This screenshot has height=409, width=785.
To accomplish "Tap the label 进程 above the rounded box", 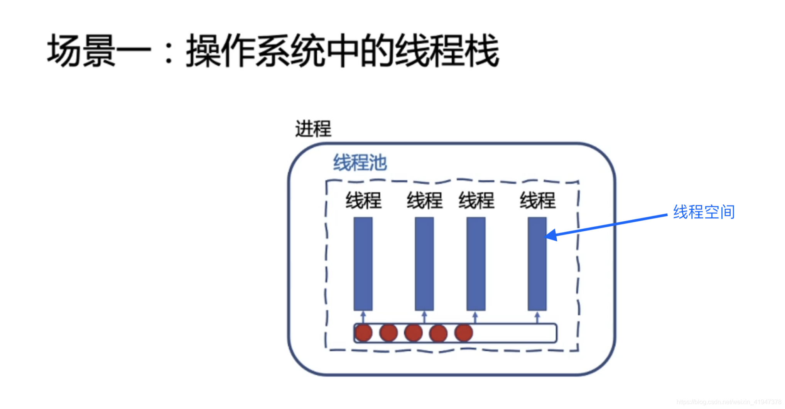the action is coord(313,129).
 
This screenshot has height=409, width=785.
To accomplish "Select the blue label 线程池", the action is coord(360,163).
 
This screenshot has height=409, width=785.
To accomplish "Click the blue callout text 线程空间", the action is coord(704,212).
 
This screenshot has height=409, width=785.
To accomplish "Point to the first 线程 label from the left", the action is coord(363,200).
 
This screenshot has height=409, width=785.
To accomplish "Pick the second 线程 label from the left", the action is coord(424,200).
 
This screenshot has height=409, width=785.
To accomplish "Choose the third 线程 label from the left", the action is coord(476,200).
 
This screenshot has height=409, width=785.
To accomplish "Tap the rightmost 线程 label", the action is coord(537,200).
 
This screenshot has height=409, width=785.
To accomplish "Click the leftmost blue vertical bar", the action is coord(363,263).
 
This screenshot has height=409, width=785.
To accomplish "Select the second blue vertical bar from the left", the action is coord(424,263).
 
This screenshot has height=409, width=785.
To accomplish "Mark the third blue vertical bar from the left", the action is coord(476,263).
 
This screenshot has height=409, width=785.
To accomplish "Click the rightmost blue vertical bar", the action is coord(537,263).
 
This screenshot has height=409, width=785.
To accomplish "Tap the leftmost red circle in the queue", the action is coord(363,333).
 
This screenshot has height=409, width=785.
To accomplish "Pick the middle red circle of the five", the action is coord(413,333).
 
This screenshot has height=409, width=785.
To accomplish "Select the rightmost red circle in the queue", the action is coord(463,333).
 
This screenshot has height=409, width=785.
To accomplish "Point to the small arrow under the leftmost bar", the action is coord(363,317).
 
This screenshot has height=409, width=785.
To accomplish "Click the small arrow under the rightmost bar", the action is coord(537,317).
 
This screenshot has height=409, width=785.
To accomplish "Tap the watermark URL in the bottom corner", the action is coord(729,402).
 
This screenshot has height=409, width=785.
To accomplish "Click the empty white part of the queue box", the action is coord(515,333).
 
